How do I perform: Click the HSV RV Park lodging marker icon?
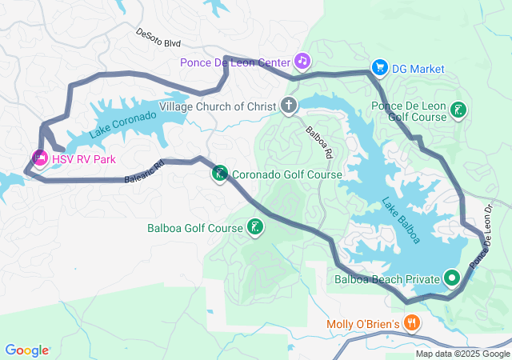pyautogui.click(x=39, y=158)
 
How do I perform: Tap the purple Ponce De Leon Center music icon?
pyautogui.click(x=302, y=60)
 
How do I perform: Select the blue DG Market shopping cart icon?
pyautogui.click(x=381, y=69)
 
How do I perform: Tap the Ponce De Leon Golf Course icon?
pyautogui.click(x=458, y=110)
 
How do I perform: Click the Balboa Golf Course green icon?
pyautogui.click(x=254, y=228)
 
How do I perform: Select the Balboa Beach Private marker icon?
pyautogui.click(x=452, y=279)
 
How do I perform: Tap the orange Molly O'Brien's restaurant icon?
pyautogui.click(x=412, y=324)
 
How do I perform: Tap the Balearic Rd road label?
pyautogui.click(x=144, y=171)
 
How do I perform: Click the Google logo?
pyautogui.click(x=26, y=350)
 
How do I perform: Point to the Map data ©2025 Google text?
pyautogui.click(x=462, y=354)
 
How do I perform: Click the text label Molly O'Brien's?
pyautogui.click(x=362, y=324)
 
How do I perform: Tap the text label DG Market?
pyautogui.click(x=418, y=69)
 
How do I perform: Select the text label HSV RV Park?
pyautogui.click(x=83, y=159)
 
